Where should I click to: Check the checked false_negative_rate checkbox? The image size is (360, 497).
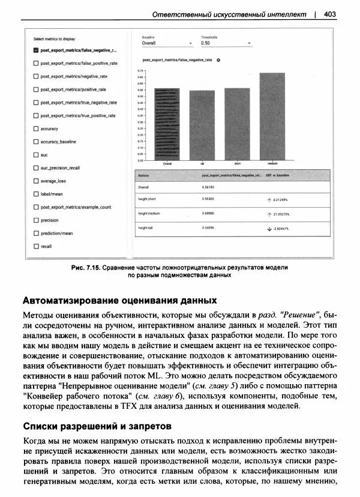tap(36, 50)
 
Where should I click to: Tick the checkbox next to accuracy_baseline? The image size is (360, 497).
tap(36, 142)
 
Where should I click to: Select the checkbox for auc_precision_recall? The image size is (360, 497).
tap(36, 168)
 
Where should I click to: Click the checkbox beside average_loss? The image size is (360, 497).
tap(36, 181)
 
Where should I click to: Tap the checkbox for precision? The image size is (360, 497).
tap(36, 220)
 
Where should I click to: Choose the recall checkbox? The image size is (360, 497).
tap(36, 246)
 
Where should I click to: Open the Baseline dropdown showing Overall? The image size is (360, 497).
tap(167, 43)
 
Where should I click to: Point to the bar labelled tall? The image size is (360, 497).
tap(202, 125)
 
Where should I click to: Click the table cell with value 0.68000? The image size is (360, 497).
tap(209, 213)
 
